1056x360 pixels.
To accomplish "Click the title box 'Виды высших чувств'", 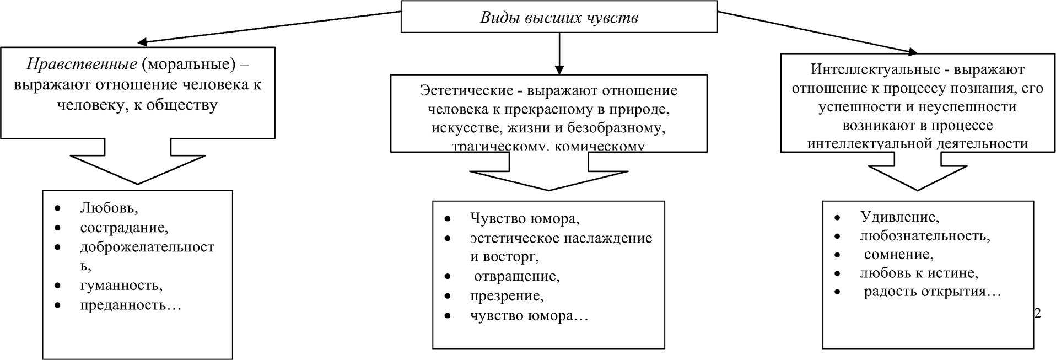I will point(558,17).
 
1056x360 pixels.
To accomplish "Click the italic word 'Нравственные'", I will point(82,65).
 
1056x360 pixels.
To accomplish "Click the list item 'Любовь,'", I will point(109,208).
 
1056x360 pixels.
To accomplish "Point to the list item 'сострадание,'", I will point(124,228).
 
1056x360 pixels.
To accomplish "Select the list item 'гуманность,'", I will point(121,286).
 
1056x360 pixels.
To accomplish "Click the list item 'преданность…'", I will point(130,305).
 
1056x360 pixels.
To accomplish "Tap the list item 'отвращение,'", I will point(516,276).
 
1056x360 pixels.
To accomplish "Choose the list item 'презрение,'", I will point(507,296).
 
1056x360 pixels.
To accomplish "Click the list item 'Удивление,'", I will point(899,217).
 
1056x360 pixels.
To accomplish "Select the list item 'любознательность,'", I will point(924,236).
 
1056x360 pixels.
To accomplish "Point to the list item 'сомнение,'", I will point(898,255).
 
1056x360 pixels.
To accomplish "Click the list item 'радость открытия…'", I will point(932,292).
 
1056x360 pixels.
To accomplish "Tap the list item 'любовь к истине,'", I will point(919,273).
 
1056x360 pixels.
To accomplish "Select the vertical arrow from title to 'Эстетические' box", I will point(559,52).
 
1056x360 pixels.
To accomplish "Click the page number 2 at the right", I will point(1037,313).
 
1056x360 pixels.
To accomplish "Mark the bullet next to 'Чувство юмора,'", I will point(447,219).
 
